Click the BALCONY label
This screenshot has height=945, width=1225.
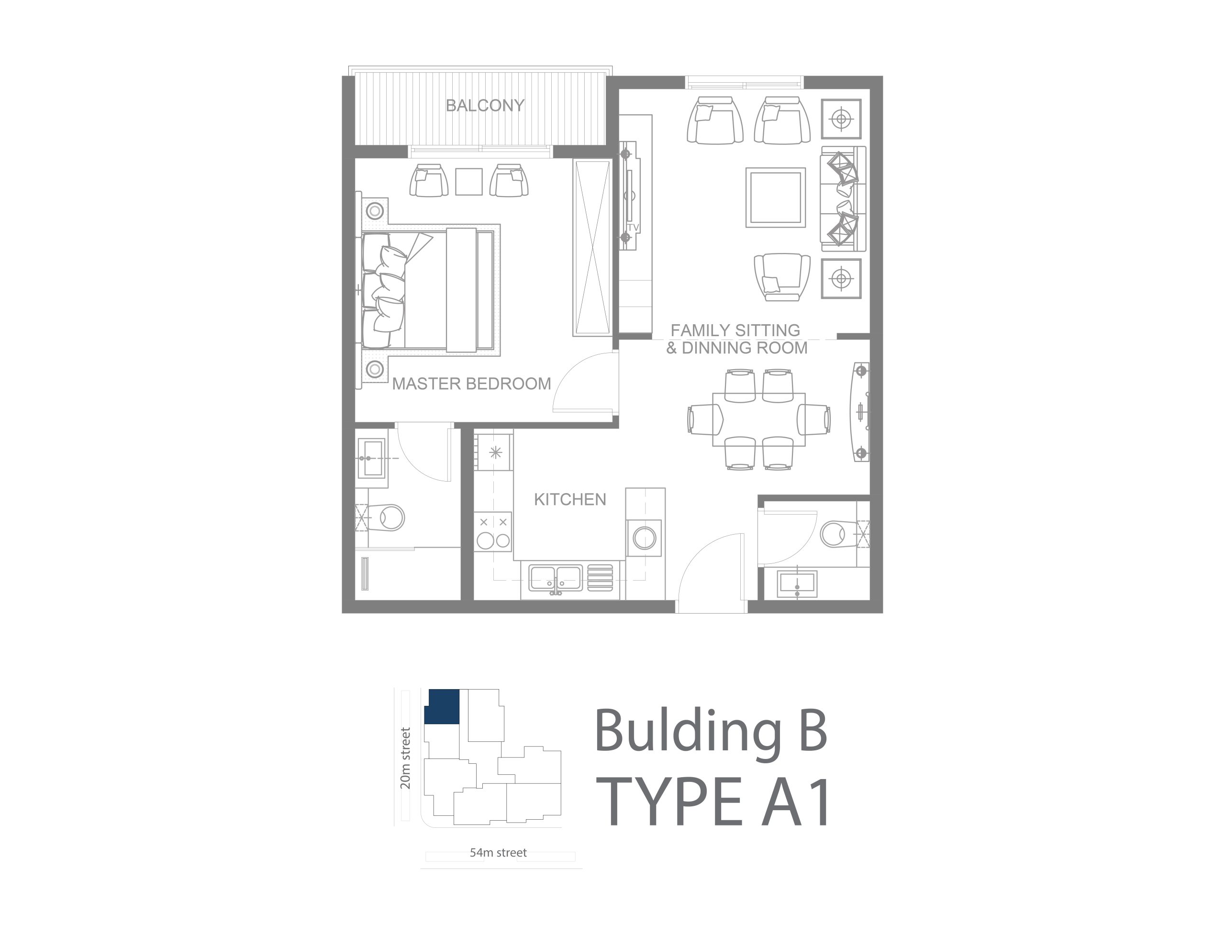485,105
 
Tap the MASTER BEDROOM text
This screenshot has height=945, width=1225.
471,384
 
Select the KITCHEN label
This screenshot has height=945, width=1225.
570,499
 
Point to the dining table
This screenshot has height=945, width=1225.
759,419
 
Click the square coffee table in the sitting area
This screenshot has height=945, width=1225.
776,198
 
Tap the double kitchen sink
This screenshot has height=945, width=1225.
555,579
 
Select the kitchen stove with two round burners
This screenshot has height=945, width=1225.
493,532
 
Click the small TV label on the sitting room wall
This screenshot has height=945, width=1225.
633,228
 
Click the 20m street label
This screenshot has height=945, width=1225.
405,758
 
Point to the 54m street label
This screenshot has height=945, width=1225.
498,853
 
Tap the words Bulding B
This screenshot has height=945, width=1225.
711,731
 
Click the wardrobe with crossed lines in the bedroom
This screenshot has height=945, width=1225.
592,248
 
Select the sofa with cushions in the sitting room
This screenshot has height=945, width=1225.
843,198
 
